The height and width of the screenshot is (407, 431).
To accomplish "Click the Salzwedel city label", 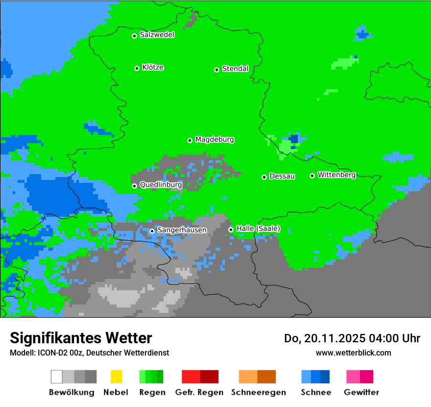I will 157,35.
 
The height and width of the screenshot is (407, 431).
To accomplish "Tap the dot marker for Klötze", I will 137,68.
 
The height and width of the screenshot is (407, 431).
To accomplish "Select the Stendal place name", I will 236,69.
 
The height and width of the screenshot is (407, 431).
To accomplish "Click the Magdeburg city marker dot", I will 190,140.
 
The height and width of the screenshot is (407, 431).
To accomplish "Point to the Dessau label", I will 282,176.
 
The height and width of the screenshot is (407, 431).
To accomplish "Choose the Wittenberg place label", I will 336,175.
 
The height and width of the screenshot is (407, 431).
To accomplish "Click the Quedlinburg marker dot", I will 134,186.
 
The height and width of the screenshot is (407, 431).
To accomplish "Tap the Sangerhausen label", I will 182,230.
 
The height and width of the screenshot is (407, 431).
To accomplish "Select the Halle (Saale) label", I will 258,229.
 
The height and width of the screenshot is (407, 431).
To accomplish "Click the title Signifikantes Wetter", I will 81,338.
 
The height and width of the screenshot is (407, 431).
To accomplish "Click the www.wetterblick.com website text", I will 353,353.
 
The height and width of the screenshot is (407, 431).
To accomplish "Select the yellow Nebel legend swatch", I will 116,377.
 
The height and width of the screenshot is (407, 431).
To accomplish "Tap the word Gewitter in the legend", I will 361,392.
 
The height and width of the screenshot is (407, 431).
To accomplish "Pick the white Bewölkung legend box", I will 57,377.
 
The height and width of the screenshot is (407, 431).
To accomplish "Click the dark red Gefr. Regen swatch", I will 209,377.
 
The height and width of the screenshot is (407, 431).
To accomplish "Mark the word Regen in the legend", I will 151,392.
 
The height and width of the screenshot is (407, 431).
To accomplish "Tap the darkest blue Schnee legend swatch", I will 325,377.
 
